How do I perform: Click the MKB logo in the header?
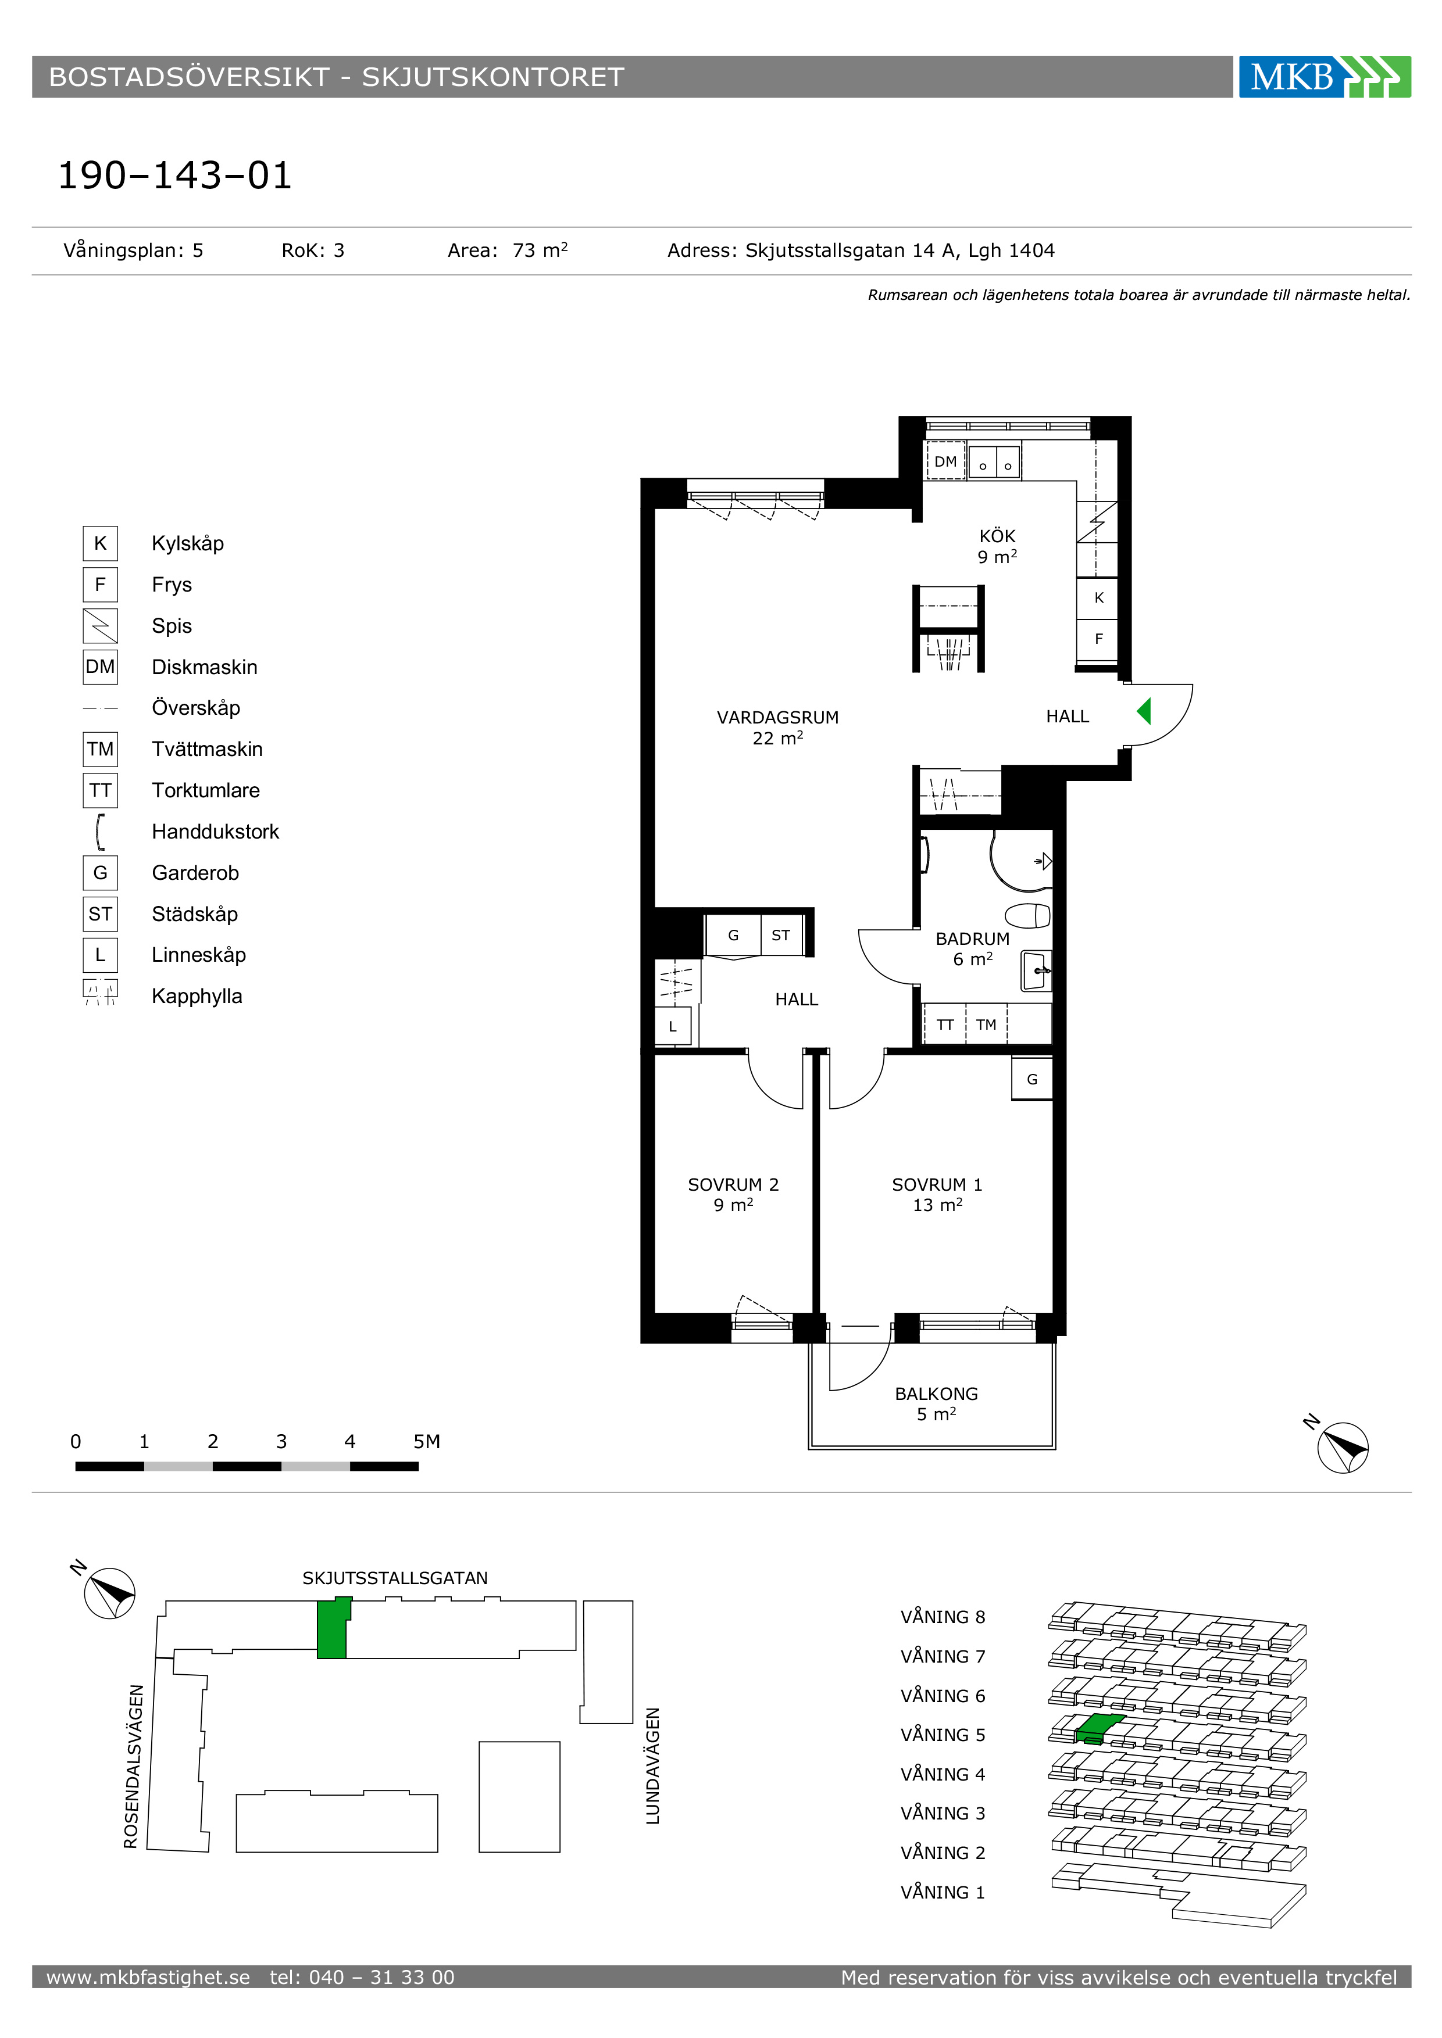pos(1324,76)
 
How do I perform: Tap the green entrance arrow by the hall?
pos(1144,711)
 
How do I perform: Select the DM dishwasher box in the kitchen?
pos(945,461)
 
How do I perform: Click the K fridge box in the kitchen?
pos(1098,597)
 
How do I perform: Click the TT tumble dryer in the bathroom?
pos(945,1025)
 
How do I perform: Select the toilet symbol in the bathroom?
pos(1028,915)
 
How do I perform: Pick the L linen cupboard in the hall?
pos(673,1027)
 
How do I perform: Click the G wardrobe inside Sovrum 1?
pos(1031,1079)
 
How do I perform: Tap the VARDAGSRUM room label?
pos(778,717)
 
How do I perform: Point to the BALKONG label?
pos(936,1394)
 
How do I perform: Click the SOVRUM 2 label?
pos(733,1184)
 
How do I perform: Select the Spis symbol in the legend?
pos(101,626)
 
